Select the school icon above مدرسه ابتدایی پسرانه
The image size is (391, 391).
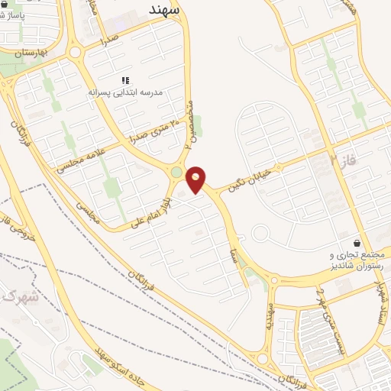pyautogui.click(x=126, y=80)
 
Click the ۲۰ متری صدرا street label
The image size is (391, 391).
pyautogui.click(x=153, y=132)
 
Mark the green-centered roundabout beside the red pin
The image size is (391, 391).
pyautogui.click(x=177, y=173)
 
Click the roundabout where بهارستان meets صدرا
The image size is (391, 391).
pyautogui.click(x=75, y=52)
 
